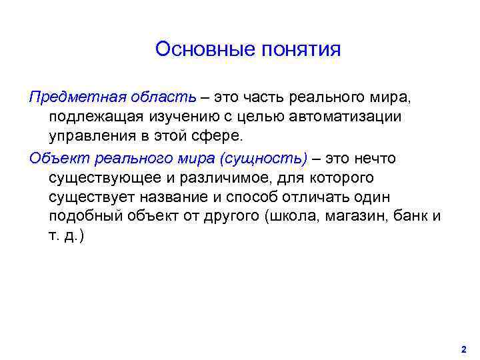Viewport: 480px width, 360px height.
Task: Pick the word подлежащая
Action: click(95, 117)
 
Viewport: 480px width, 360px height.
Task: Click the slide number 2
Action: click(463, 349)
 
